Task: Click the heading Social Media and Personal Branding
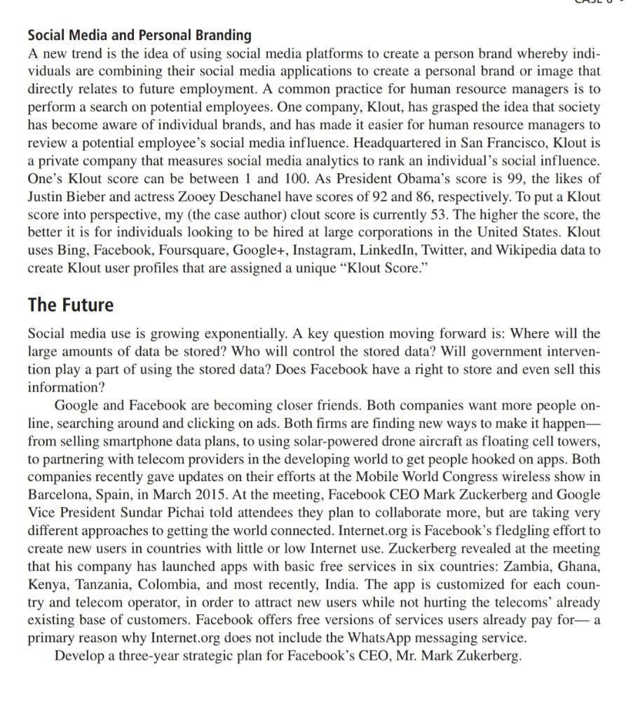139,34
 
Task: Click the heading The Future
70,305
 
